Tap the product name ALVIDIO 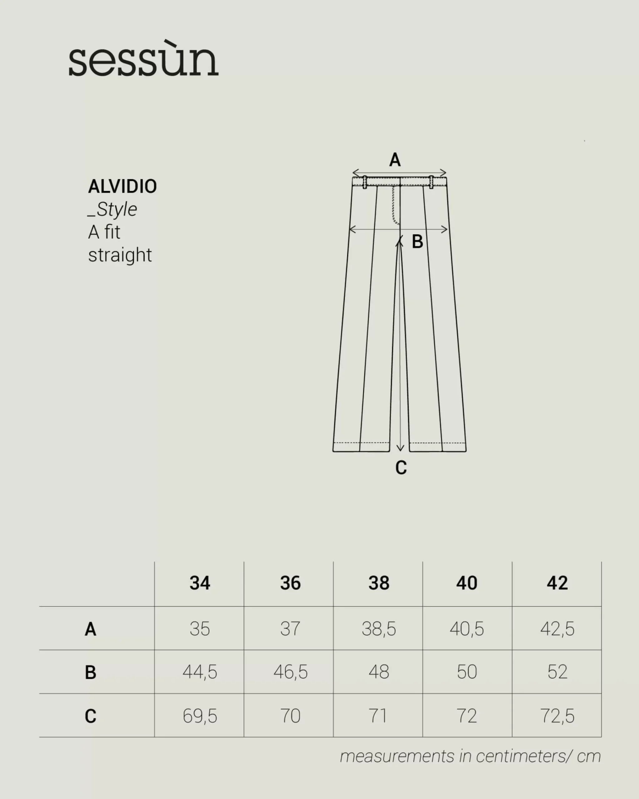click(122, 186)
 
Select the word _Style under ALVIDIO click(112, 209)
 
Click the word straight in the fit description click(120, 255)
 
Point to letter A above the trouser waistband click(395, 160)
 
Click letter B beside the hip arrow click(417, 242)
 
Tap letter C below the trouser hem click(401, 467)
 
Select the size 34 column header click(200, 583)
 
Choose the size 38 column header click(379, 583)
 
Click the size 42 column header click(557, 583)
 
